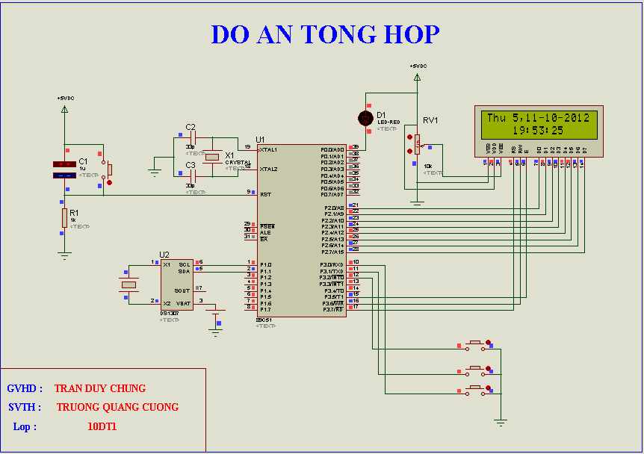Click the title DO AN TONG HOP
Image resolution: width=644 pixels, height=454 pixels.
click(x=325, y=34)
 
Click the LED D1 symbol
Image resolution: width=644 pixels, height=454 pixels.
click(x=365, y=118)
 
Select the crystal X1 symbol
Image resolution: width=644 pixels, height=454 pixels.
click(x=213, y=157)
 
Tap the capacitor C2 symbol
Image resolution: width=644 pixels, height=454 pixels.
click(x=191, y=139)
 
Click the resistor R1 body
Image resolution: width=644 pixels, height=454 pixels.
click(x=64, y=217)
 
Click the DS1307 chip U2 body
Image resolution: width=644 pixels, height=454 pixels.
click(x=176, y=284)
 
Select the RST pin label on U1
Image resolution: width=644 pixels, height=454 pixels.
click(x=265, y=194)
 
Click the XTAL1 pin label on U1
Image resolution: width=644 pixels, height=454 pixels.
click(x=268, y=149)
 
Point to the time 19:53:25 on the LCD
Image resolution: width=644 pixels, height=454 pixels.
click(x=538, y=131)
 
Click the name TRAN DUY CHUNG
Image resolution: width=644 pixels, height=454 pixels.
click(x=100, y=388)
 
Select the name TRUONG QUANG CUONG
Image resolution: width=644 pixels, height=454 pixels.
click(x=117, y=407)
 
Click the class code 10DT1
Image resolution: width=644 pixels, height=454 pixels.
click(x=102, y=426)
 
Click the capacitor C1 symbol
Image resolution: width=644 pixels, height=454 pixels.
click(x=64, y=170)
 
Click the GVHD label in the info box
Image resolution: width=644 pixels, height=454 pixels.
click(x=25, y=388)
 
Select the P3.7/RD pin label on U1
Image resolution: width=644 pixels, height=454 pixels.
click(x=333, y=308)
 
